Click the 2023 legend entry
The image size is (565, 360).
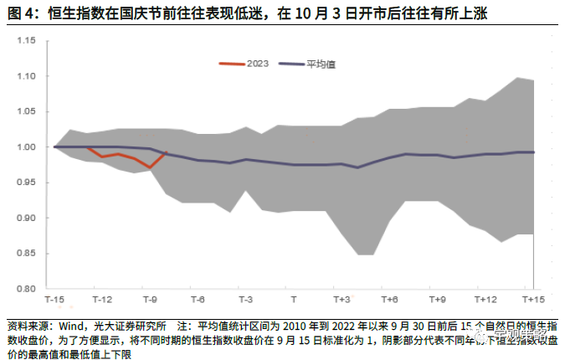255,64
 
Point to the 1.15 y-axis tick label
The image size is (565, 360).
25,40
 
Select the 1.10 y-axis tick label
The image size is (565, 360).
25,76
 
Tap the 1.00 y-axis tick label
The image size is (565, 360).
25,147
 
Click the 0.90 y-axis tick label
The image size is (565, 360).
25,218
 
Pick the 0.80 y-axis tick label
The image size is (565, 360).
25,288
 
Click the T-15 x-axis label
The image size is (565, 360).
54,300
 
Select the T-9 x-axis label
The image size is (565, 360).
150,300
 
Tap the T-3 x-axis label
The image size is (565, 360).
246,300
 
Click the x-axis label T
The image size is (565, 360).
293,300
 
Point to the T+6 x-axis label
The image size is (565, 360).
389,300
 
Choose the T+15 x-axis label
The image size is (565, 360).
533,300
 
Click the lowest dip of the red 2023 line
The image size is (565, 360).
150,167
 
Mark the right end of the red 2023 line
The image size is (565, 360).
166,152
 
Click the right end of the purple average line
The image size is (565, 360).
534,152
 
